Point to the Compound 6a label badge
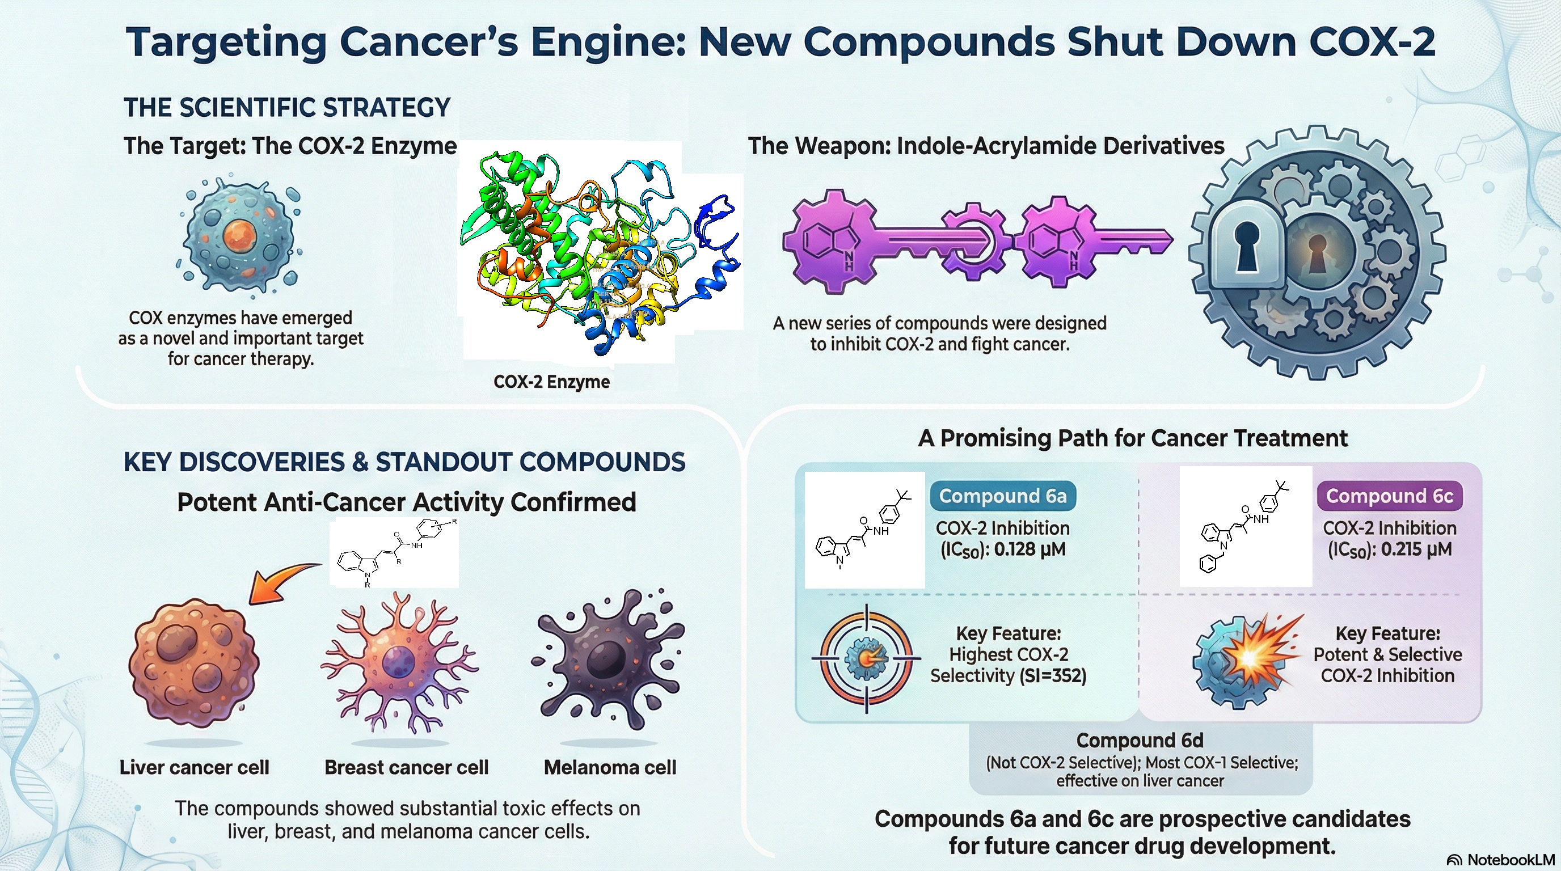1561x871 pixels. [x=1002, y=496]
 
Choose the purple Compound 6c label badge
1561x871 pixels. [x=1389, y=496]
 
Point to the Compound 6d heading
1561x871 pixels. [x=1139, y=740]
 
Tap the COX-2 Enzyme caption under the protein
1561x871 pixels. [x=551, y=382]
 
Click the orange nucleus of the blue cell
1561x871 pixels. [x=241, y=236]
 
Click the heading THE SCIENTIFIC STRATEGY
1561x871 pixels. [x=287, y=108]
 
